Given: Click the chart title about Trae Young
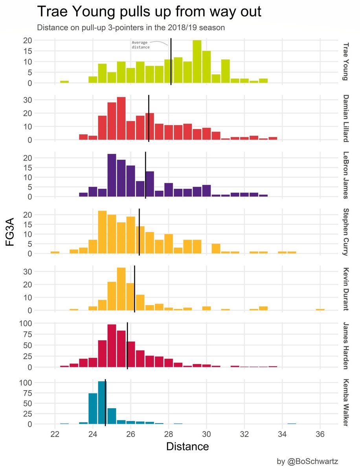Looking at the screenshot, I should click(149, 12).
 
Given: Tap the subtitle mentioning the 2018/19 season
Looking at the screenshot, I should click(130, 28).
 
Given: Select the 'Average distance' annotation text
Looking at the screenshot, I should click(140, 44).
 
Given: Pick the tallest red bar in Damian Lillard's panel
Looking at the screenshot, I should click(121, 118).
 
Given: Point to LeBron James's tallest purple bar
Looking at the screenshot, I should click(112, 175).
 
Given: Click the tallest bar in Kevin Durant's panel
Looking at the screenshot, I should click(121, 289).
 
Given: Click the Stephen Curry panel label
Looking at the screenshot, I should click(345, 232).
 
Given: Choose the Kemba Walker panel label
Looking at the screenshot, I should click(345, 402).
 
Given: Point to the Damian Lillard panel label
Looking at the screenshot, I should click(345, 118).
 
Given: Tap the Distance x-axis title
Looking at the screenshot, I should click(187, 446).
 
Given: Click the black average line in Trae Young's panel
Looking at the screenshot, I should click(171, 63).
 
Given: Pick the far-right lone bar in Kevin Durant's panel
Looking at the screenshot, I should click(320, 309).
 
